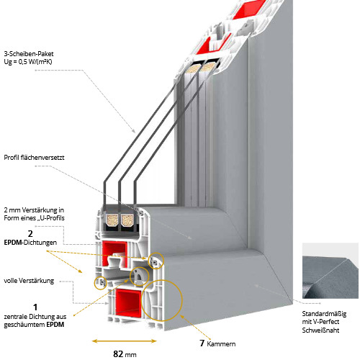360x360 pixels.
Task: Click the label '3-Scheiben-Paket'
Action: [x=29, y=53]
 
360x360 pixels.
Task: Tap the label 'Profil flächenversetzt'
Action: [x=34, y=158]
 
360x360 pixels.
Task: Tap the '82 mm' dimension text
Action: [x=124, y=354]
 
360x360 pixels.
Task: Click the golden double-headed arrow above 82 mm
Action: [x=124, y=341]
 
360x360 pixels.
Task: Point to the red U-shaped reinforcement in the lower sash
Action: [x=115, y=252]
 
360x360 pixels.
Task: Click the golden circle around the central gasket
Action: [x=136, y=276]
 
